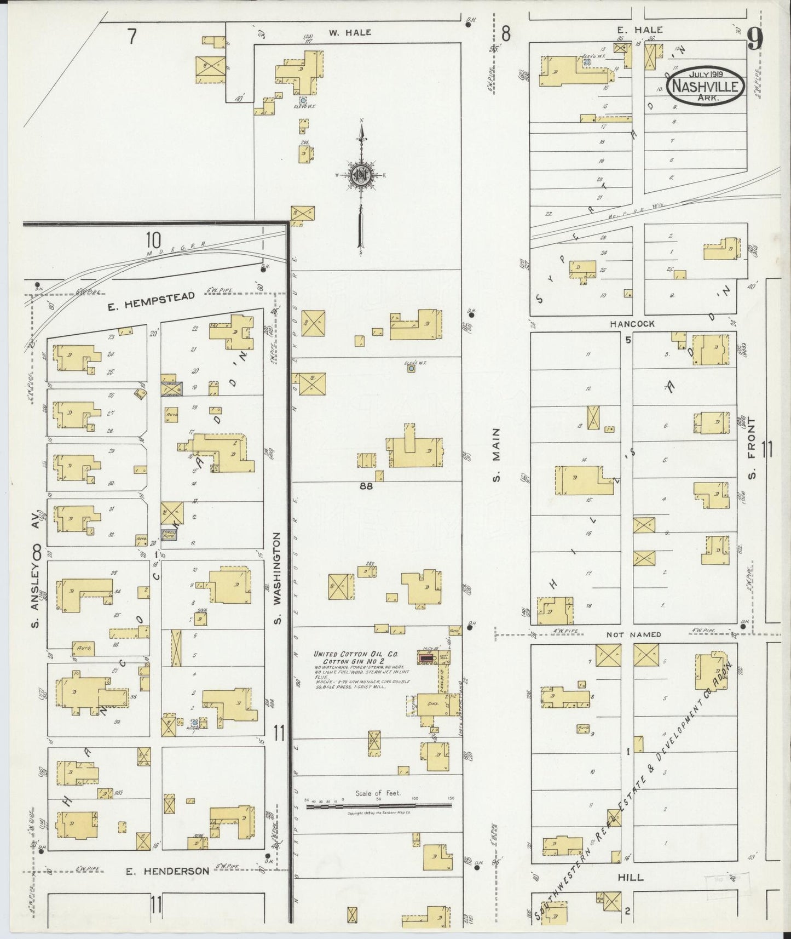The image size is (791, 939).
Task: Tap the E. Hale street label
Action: click(646, 30)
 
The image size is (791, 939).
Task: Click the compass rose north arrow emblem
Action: click(361, 175)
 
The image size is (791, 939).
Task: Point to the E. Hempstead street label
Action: click(151, 296)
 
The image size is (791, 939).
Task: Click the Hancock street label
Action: click(632, 324)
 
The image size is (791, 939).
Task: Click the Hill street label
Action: click(630, 877)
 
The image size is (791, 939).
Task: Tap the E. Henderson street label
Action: click(168, 871)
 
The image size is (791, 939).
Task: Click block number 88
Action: click(366, 485)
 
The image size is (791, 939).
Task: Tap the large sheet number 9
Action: click(755, 39)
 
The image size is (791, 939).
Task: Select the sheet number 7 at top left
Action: click(131, 36)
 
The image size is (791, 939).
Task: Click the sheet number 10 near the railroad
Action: click(153, 239)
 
